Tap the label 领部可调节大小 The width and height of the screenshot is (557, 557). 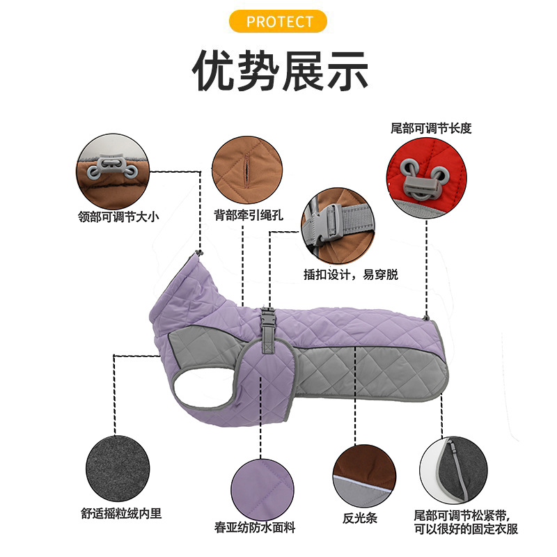pyautogui.click(x=118, y=217)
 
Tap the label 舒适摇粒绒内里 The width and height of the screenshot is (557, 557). pyautogui.click(x=120, y=514)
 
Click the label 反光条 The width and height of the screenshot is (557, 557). pyautogui.click(x=359, y=518)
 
